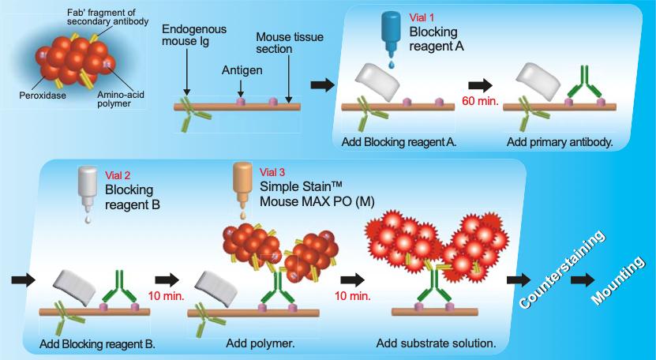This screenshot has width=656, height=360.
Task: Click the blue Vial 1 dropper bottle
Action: click(x=392, y=34)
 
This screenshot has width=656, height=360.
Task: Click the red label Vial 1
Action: click(x=422, y=17)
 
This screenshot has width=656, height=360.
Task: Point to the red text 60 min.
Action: click(x=480, y=101)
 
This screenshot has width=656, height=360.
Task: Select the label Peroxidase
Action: click(x=43, y=95)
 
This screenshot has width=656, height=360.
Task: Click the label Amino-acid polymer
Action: click(x=120, y=99)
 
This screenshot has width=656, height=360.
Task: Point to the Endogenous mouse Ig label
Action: click(x=193, y=35)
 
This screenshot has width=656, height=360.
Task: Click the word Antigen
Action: click(x=242, y=70)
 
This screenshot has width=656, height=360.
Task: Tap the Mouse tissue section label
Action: click(x=290, y=43)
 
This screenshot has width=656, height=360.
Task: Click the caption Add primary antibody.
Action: click(x=560, y=142)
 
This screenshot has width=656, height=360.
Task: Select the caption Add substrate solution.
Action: click(x=436, y=343)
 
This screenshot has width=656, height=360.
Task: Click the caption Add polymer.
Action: click(x=261, y=343)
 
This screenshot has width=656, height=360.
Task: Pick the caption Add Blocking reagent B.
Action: click(x=97, y=344)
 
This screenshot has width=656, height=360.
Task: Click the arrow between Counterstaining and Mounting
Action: click(x=583, y=279)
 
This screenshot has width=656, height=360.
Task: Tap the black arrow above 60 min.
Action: click(x=480, y=85)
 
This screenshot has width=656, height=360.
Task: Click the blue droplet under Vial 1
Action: click(x=392, y=64)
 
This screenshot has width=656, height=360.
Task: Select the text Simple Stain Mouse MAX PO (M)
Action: click(x=317, y=193)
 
